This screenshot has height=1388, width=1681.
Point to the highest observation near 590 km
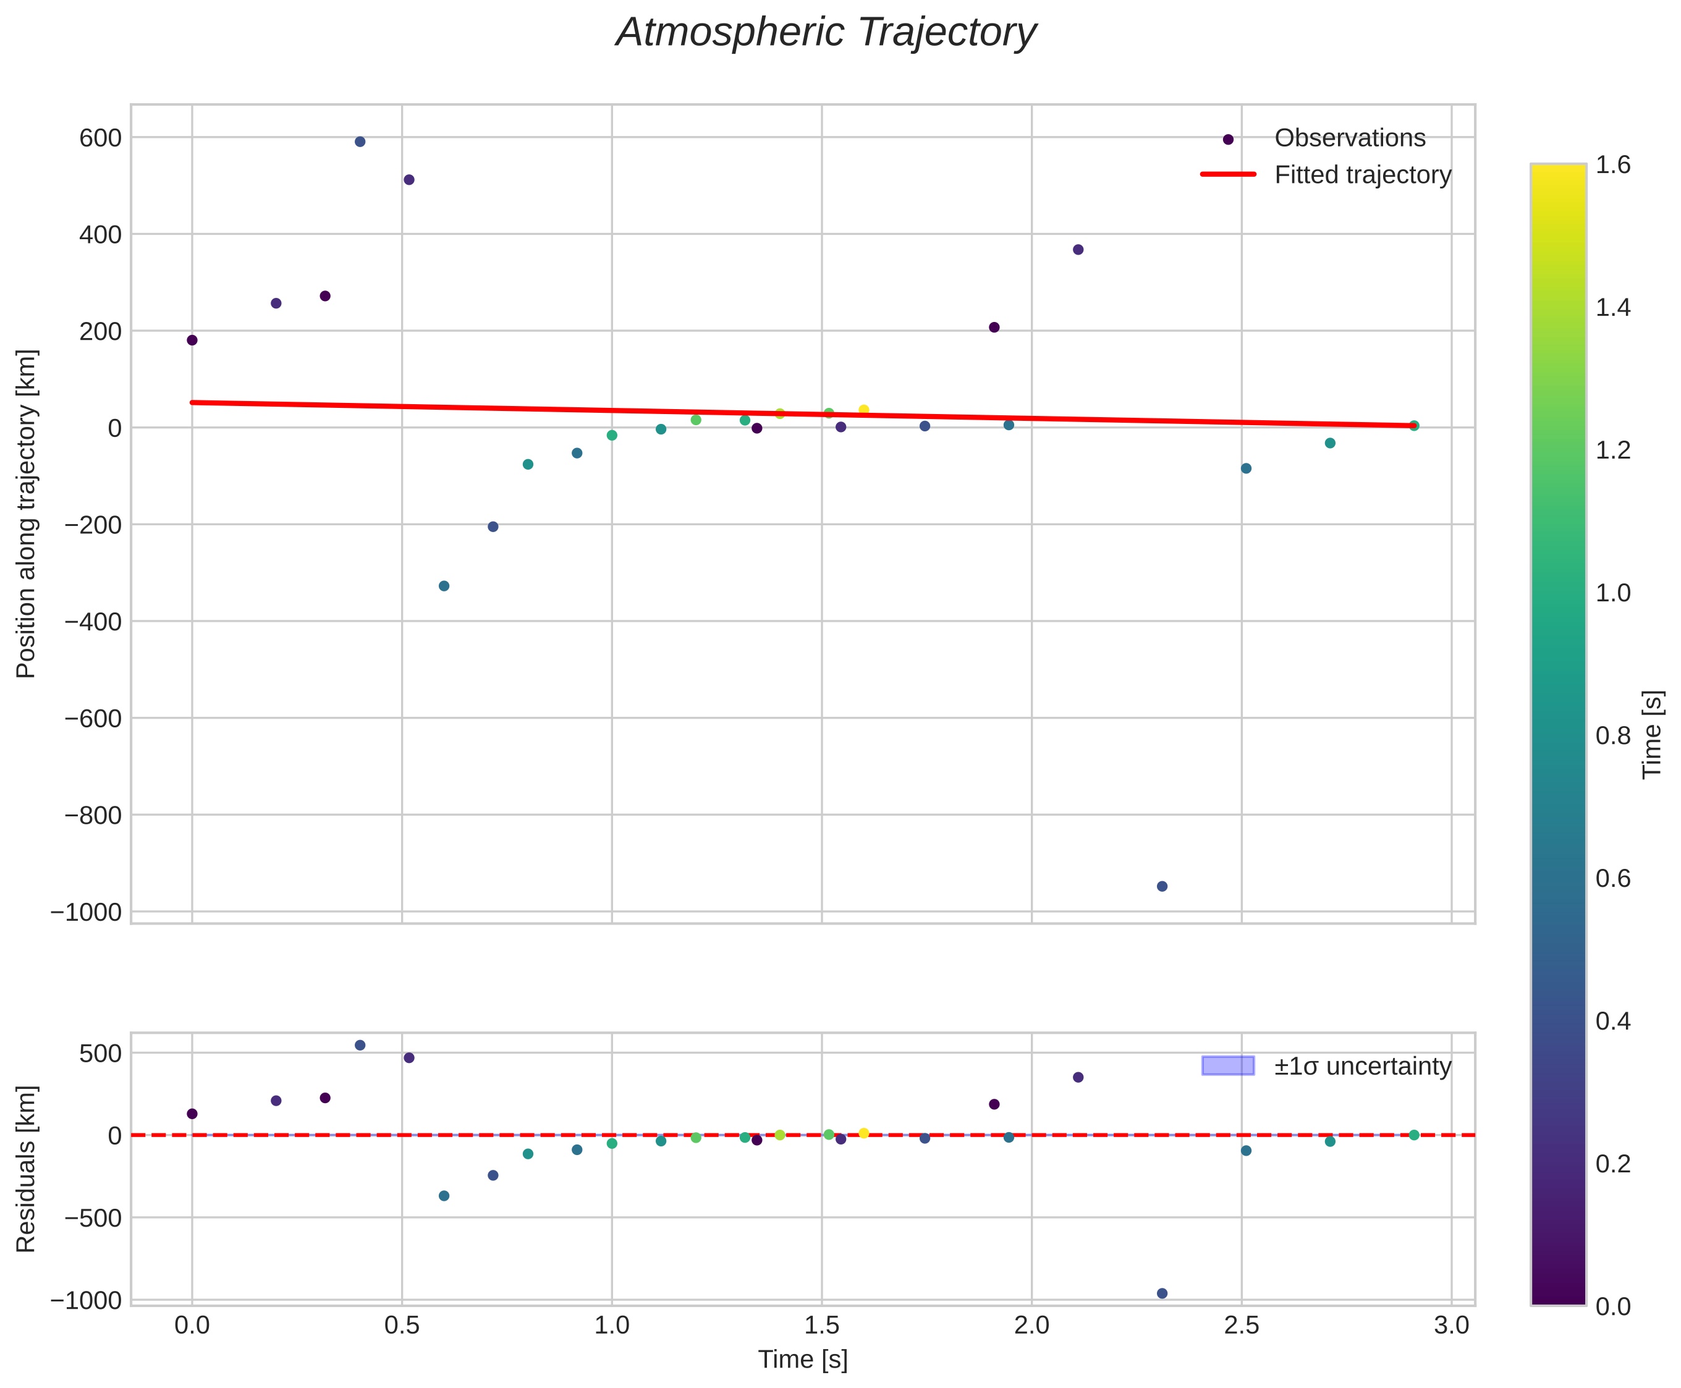360,142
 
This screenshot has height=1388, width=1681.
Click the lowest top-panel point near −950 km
1162,886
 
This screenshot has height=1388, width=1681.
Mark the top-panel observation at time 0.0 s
192,340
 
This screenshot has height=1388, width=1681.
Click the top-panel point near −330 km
444,586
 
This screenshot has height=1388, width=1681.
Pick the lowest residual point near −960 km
1162,1293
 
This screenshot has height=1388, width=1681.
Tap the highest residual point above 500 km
360,1045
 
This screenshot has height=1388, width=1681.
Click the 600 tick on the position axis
100,138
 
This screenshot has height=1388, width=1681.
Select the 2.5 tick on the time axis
1241,1326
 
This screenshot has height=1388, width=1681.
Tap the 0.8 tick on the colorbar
1613,735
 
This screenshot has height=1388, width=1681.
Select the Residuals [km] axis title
27,1168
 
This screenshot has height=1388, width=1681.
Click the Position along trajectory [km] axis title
27,514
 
